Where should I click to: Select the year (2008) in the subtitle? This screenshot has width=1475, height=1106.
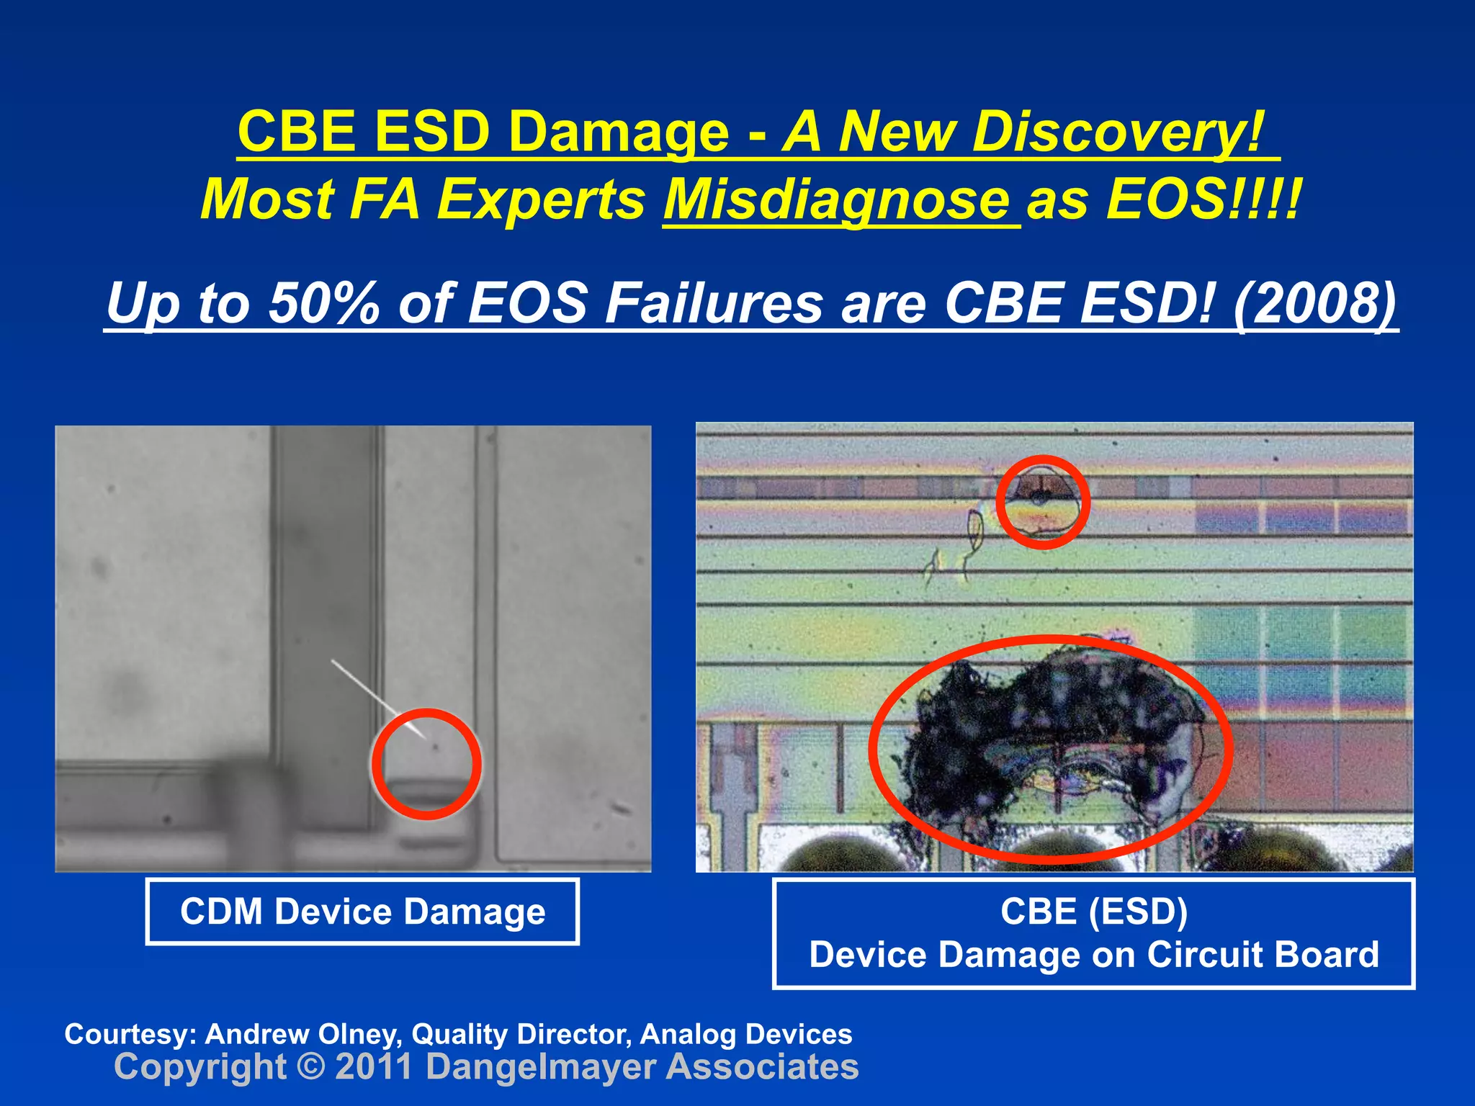[1314, 302]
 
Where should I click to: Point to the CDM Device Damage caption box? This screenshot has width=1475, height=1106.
[362, 912]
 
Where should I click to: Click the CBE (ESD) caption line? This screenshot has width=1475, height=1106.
[1093, 912]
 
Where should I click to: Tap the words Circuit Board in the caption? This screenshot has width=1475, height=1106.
[1262, 955]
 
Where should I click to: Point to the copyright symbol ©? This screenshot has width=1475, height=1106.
[310, 1066]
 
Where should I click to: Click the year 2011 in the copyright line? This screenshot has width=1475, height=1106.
[374, 1066]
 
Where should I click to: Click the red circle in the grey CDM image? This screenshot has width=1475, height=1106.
[426, 764]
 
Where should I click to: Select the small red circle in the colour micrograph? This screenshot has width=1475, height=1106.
[1042, 502]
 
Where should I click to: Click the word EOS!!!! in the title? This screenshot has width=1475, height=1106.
[1203, 199]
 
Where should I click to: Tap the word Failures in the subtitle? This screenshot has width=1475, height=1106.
[713, 302]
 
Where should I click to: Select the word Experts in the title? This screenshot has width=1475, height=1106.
[541, 199]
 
